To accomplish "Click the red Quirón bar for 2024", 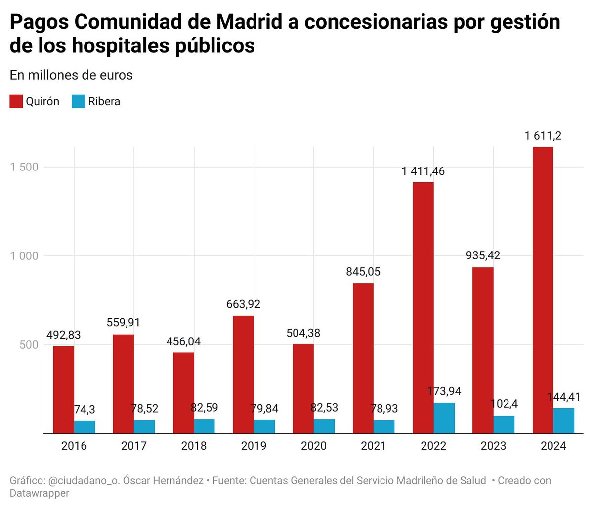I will pos(543,290).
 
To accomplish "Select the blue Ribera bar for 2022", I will pos(444,418).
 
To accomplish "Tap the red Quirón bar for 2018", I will pos(183,393).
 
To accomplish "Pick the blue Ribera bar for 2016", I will pos(85,427).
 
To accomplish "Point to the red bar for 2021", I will pos(363,358).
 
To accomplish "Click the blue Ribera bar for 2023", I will pos(504,424).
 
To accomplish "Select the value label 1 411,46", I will pos(423,171).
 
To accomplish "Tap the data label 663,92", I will pos(243,304).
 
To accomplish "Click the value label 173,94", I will pos(444,391).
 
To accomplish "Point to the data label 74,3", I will pos(85,409).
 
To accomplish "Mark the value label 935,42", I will pos(483,255).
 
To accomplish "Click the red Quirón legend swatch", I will pos(16,102).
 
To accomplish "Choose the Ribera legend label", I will pos(104,102).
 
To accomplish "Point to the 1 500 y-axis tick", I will pos(24,167).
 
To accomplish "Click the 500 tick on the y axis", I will pos(29,345).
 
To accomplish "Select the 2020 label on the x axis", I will pos(313,446).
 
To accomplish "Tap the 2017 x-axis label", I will pos(133,446).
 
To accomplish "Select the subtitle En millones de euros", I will pos(71,75).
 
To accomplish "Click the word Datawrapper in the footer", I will pos(40,493).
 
